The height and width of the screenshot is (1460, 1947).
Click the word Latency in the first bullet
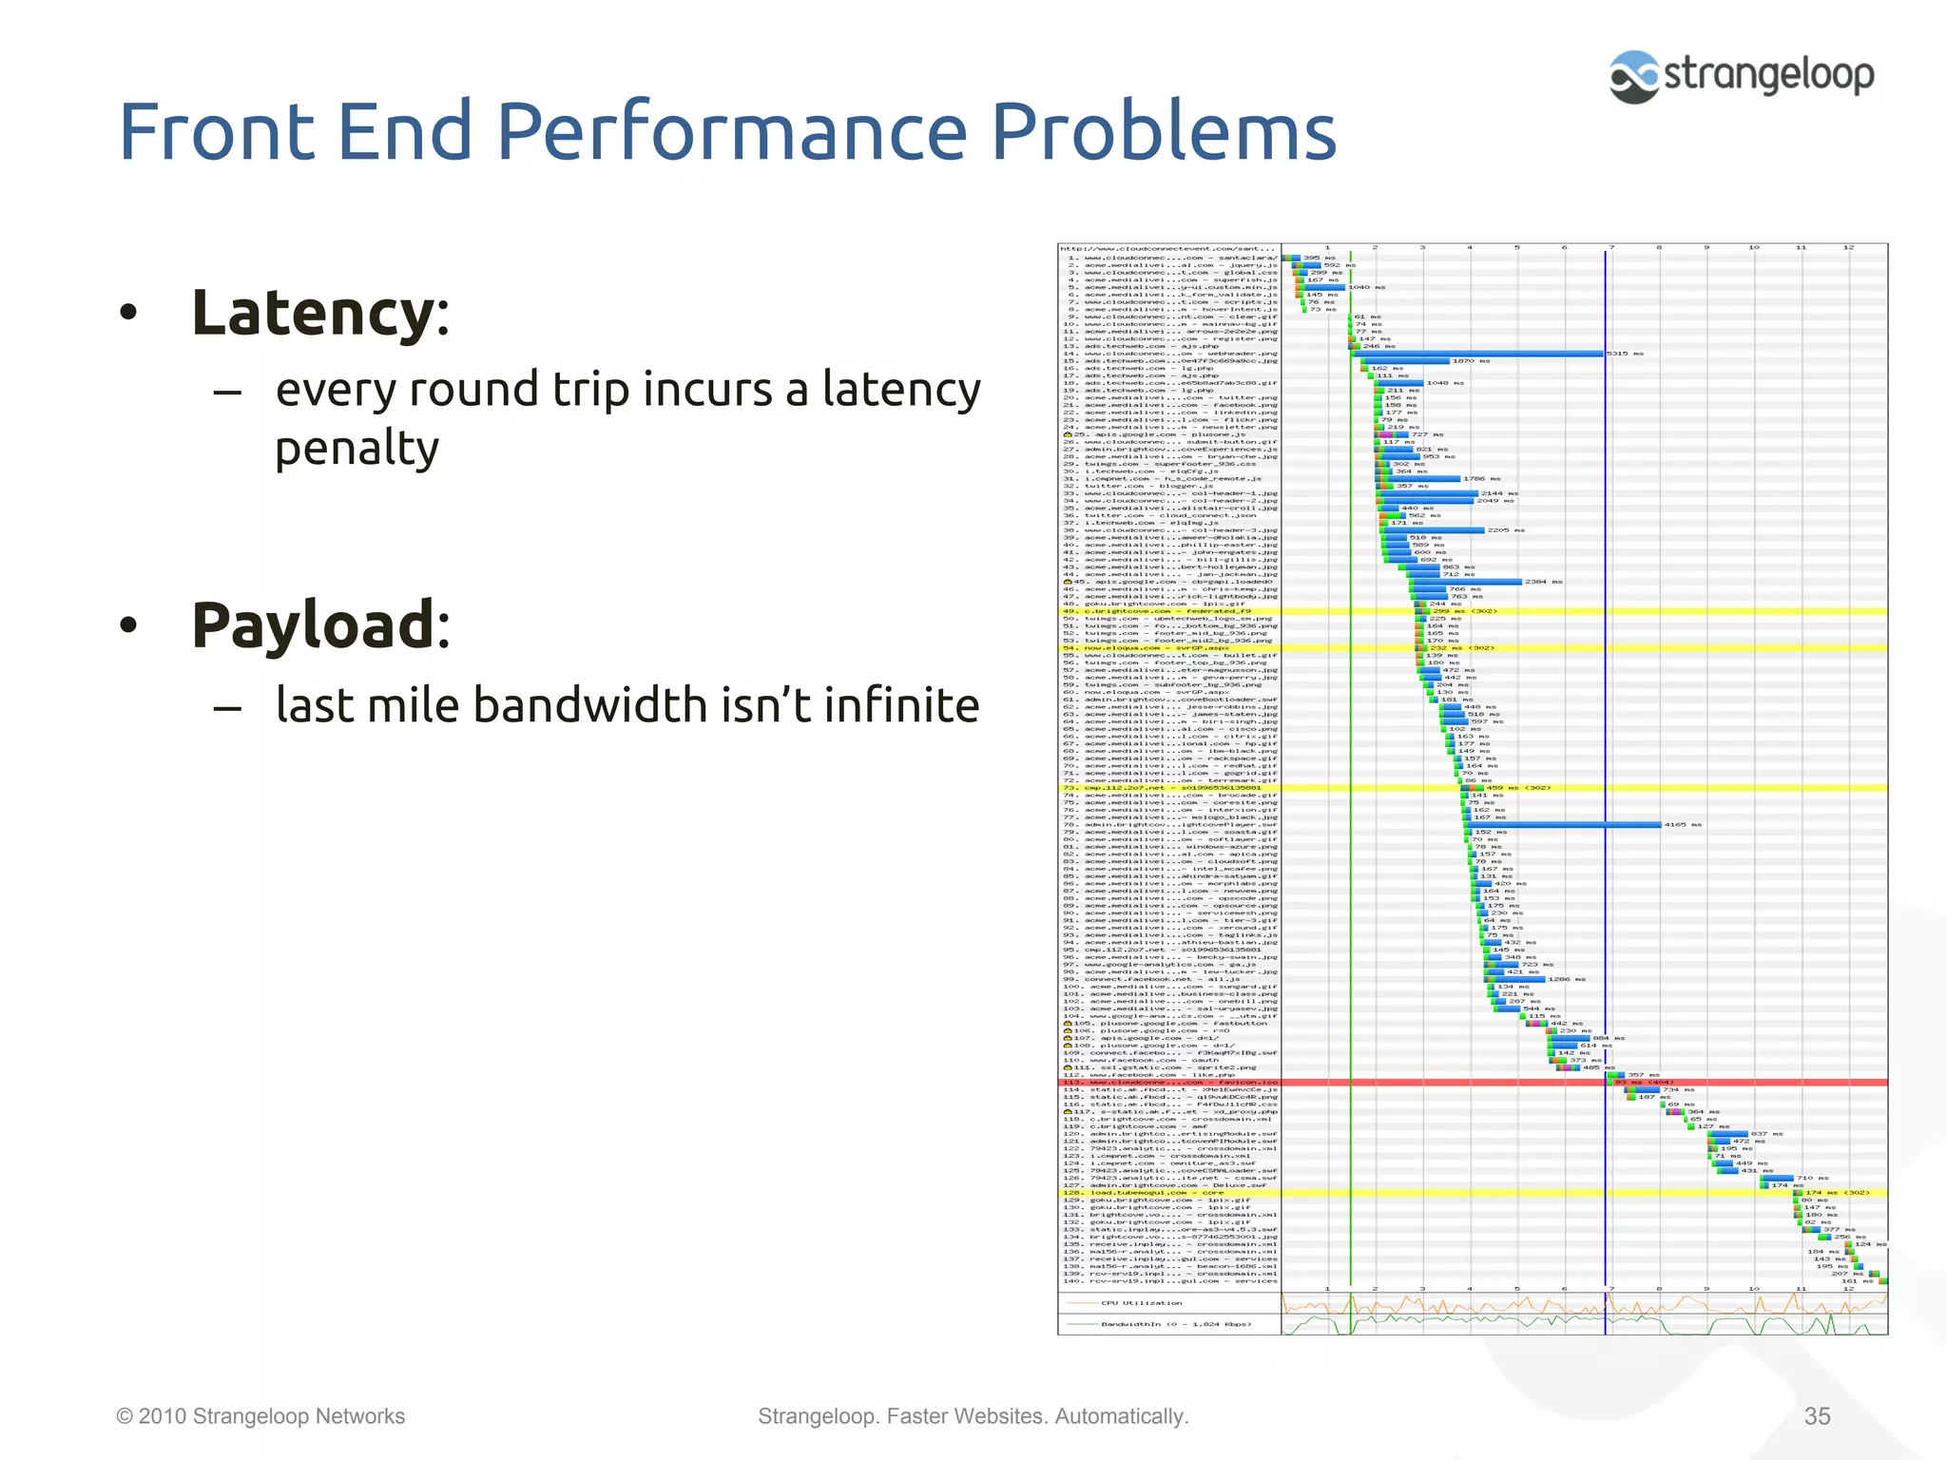tap(313, 313)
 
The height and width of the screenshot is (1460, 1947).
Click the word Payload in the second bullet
tap(313, 625)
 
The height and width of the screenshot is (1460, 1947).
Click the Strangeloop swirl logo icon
tap(1634, 76)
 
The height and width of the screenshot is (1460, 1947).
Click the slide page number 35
tap(1817, 1416)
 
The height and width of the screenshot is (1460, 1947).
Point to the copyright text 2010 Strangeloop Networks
tap(260, 1416)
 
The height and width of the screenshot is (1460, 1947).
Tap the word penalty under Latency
tap(357, 449)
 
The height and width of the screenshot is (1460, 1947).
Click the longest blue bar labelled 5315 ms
tap(1483, 354)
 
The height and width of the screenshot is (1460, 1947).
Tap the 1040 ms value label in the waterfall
tap(1366, 287)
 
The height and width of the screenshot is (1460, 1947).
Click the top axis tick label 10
tap(1753, 248)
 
